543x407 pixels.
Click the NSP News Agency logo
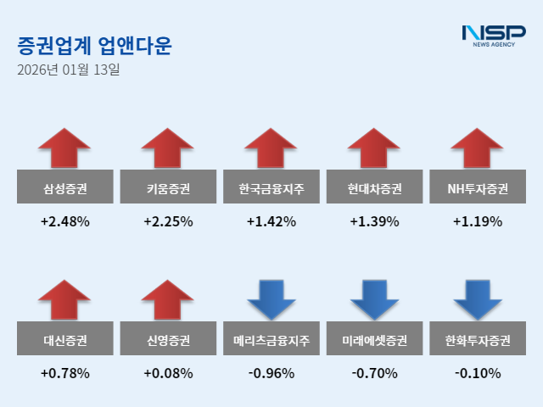point(493,35)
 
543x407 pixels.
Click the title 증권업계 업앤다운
point(93,46)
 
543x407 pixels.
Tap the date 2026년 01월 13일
point(69,70)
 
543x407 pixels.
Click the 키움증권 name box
point(168,188)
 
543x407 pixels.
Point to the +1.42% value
point(271,222)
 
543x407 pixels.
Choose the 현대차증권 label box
point(374,188)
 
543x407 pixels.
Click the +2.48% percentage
point(64,222)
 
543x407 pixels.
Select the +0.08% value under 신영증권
point(168,373)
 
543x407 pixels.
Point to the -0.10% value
point(478,373)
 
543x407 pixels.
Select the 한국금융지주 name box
point(271,188)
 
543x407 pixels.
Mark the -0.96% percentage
point(271,373)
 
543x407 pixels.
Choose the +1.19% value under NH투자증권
point(478,222)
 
